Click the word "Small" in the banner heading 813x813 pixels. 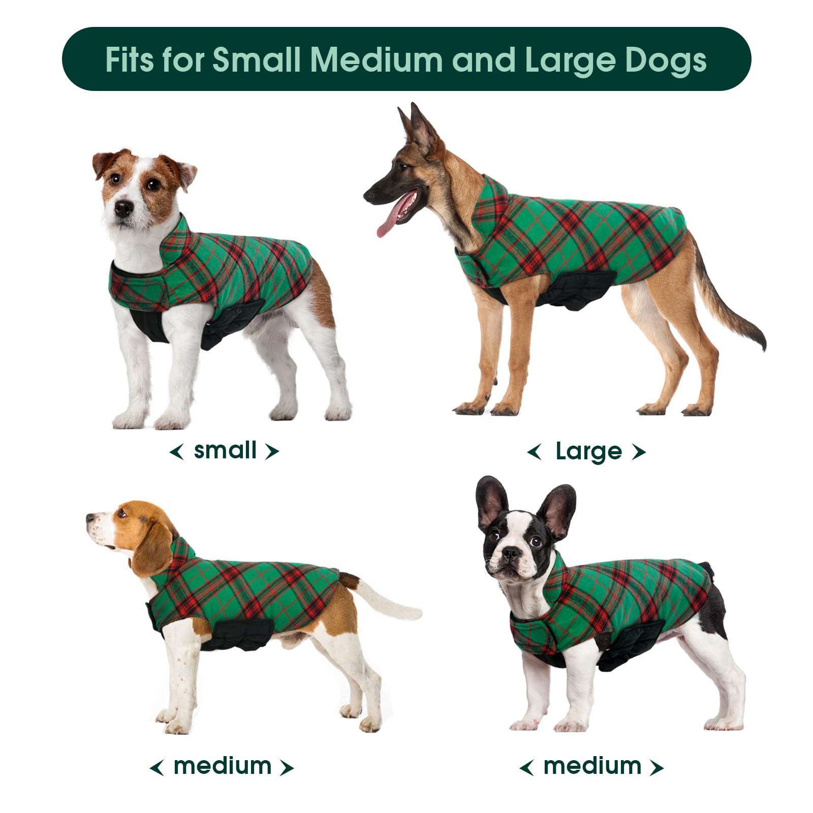point(257,60)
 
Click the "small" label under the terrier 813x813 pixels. point(225,450)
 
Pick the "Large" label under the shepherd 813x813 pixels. point(588,451)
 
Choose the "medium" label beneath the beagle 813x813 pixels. point(223,766)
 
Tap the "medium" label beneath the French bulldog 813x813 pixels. point(592,766)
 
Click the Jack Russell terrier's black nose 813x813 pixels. point(123,207)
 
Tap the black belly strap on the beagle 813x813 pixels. point(234,635)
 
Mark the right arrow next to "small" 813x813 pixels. point(272,451)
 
